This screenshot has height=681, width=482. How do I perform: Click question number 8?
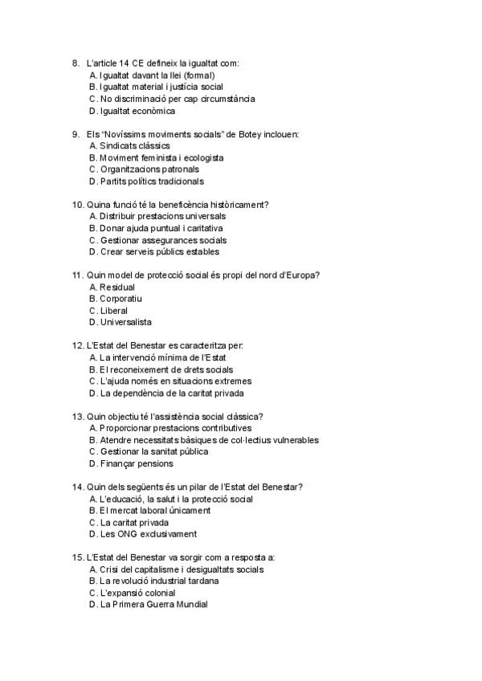[x=75, y=63]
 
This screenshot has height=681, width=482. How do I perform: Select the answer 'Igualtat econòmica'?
[x=137, y=111]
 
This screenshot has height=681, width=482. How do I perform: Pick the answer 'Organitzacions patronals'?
[x=149, y=169]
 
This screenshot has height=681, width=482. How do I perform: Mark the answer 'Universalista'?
[x=125, y=322]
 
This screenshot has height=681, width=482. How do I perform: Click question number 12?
[x=77, y=345]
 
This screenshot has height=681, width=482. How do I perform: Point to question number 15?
[x=77, y=557]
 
